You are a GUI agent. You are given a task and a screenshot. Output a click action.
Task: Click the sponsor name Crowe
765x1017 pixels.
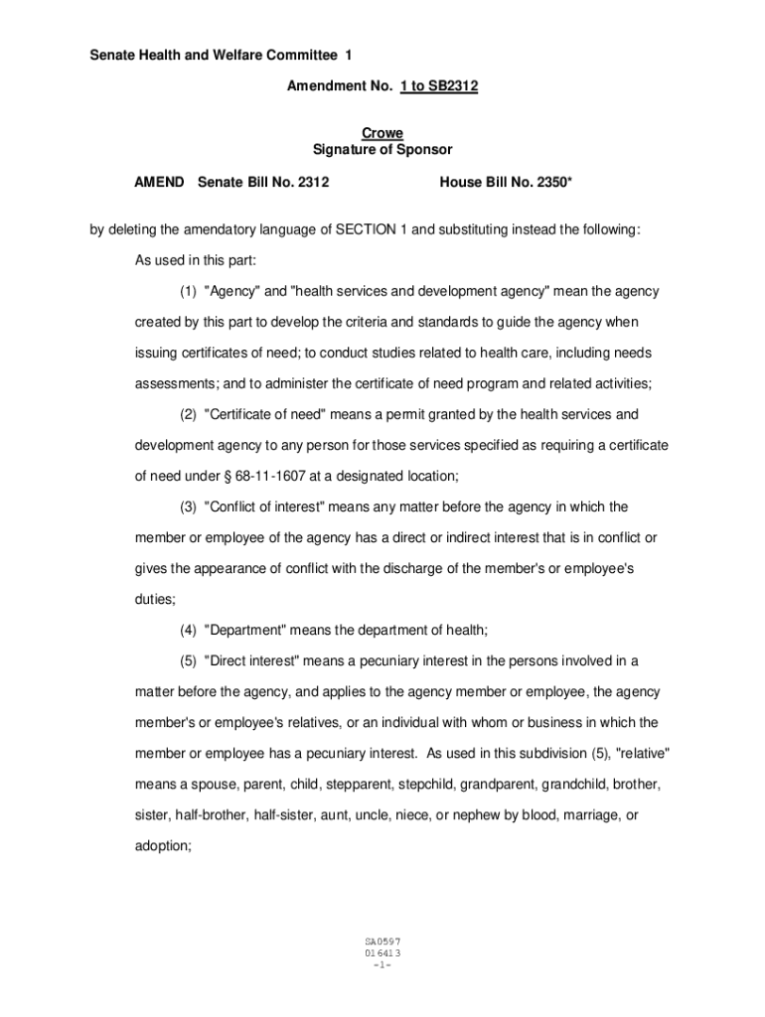(x=382, y=134)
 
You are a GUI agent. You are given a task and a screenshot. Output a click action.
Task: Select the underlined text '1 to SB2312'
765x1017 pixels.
(x=439, y=86)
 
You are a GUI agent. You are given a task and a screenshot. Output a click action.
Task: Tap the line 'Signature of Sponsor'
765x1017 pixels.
(x=382, y=150)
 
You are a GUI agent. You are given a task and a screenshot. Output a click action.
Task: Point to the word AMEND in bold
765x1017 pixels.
(x=160, y=182)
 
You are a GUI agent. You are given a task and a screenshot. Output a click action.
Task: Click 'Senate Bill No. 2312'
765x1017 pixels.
(x=263, y=182)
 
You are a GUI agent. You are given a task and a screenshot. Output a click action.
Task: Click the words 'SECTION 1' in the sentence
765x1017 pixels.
(x=369, y=230)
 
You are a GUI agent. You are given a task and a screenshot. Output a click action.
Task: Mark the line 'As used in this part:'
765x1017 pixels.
(x=196, y=260)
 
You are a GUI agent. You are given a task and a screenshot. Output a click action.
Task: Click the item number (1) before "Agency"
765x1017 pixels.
(x=189, y=292)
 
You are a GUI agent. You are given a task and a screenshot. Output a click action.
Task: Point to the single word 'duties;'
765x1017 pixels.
(x=156, y=600)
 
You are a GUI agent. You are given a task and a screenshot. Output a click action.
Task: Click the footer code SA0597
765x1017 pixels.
(x=382, y=941)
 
